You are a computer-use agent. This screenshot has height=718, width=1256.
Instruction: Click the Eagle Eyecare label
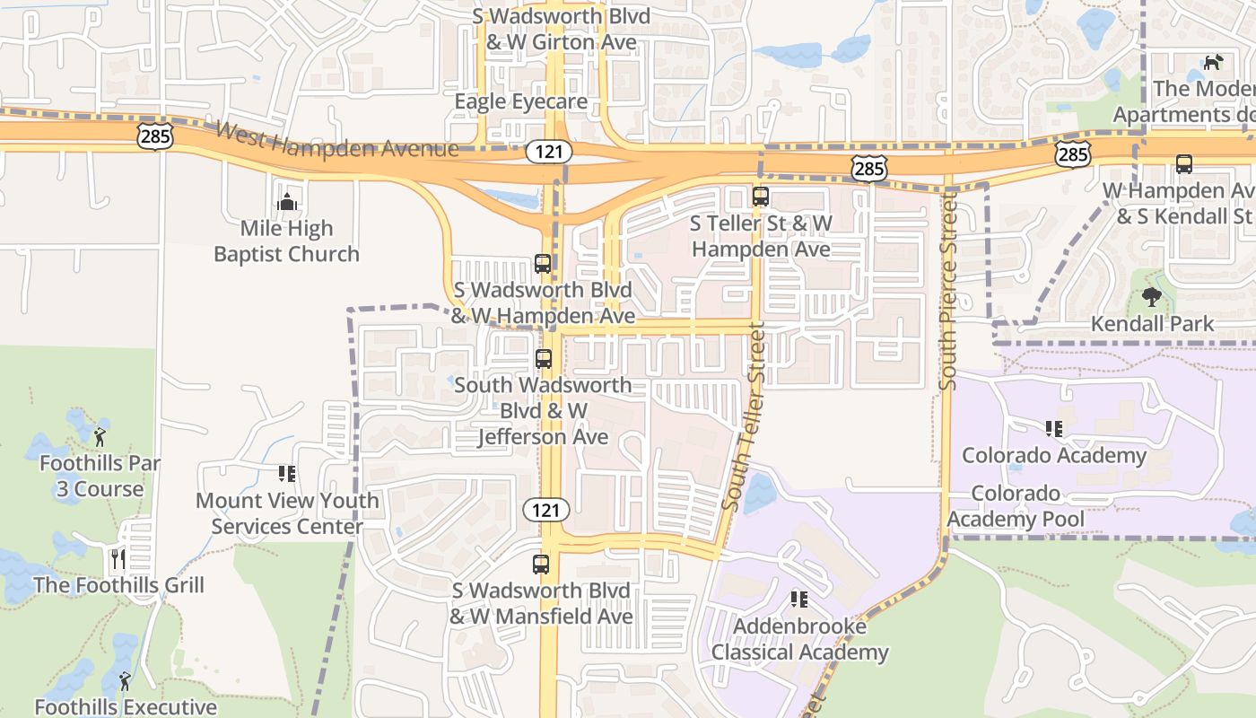(x=520, y=101)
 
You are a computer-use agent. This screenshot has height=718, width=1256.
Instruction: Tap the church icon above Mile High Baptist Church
(x=287, y=202)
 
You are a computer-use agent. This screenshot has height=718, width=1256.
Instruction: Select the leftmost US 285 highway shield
(x=154, y=136)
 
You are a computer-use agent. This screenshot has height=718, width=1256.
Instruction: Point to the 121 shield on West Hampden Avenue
(x=548, y=151)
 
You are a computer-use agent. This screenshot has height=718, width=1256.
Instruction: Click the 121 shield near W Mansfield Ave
(x=546, y=511)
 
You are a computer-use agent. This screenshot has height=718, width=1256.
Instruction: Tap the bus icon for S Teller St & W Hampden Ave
(x=761, y=196)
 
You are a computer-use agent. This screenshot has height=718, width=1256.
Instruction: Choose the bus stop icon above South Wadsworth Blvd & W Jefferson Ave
(x=543, y=359)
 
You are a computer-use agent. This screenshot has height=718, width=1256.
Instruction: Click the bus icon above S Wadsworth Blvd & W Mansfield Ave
(x=540, y=565)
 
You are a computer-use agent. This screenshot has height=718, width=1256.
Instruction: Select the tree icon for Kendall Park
(x=1152, y=297)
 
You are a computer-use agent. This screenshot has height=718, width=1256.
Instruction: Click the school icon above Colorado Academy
(x=1053, y=429)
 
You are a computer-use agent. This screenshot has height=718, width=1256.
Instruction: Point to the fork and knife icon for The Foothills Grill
(x=118, y=559)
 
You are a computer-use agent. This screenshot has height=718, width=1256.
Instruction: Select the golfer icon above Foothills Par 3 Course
(x=100, y=437)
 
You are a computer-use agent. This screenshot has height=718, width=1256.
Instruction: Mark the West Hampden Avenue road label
(x=337, y=142)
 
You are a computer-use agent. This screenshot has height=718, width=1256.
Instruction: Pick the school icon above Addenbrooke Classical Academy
(x=798, y=599)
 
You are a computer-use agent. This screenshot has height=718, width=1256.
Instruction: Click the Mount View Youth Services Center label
(x=287, y=512)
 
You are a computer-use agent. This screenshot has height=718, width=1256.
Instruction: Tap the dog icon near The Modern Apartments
(x=1212, y=62)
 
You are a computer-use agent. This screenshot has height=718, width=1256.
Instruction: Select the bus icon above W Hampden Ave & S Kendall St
(x=1183, y=164)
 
